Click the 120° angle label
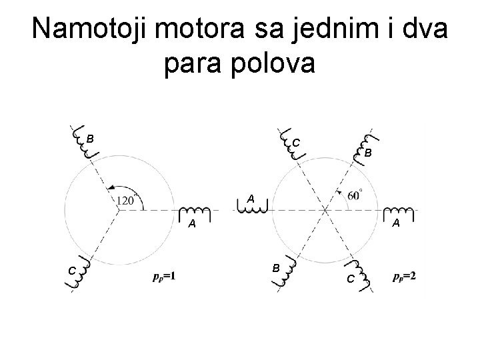[x=125, y=199]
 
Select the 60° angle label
[x=355, y=195]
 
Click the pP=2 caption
[x=405, y=275]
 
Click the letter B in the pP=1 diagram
[x=89, y=139]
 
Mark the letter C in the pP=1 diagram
[x=71, y=269]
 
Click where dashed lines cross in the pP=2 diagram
[x=325, y=211]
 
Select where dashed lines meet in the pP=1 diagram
[x=118, y=211]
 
